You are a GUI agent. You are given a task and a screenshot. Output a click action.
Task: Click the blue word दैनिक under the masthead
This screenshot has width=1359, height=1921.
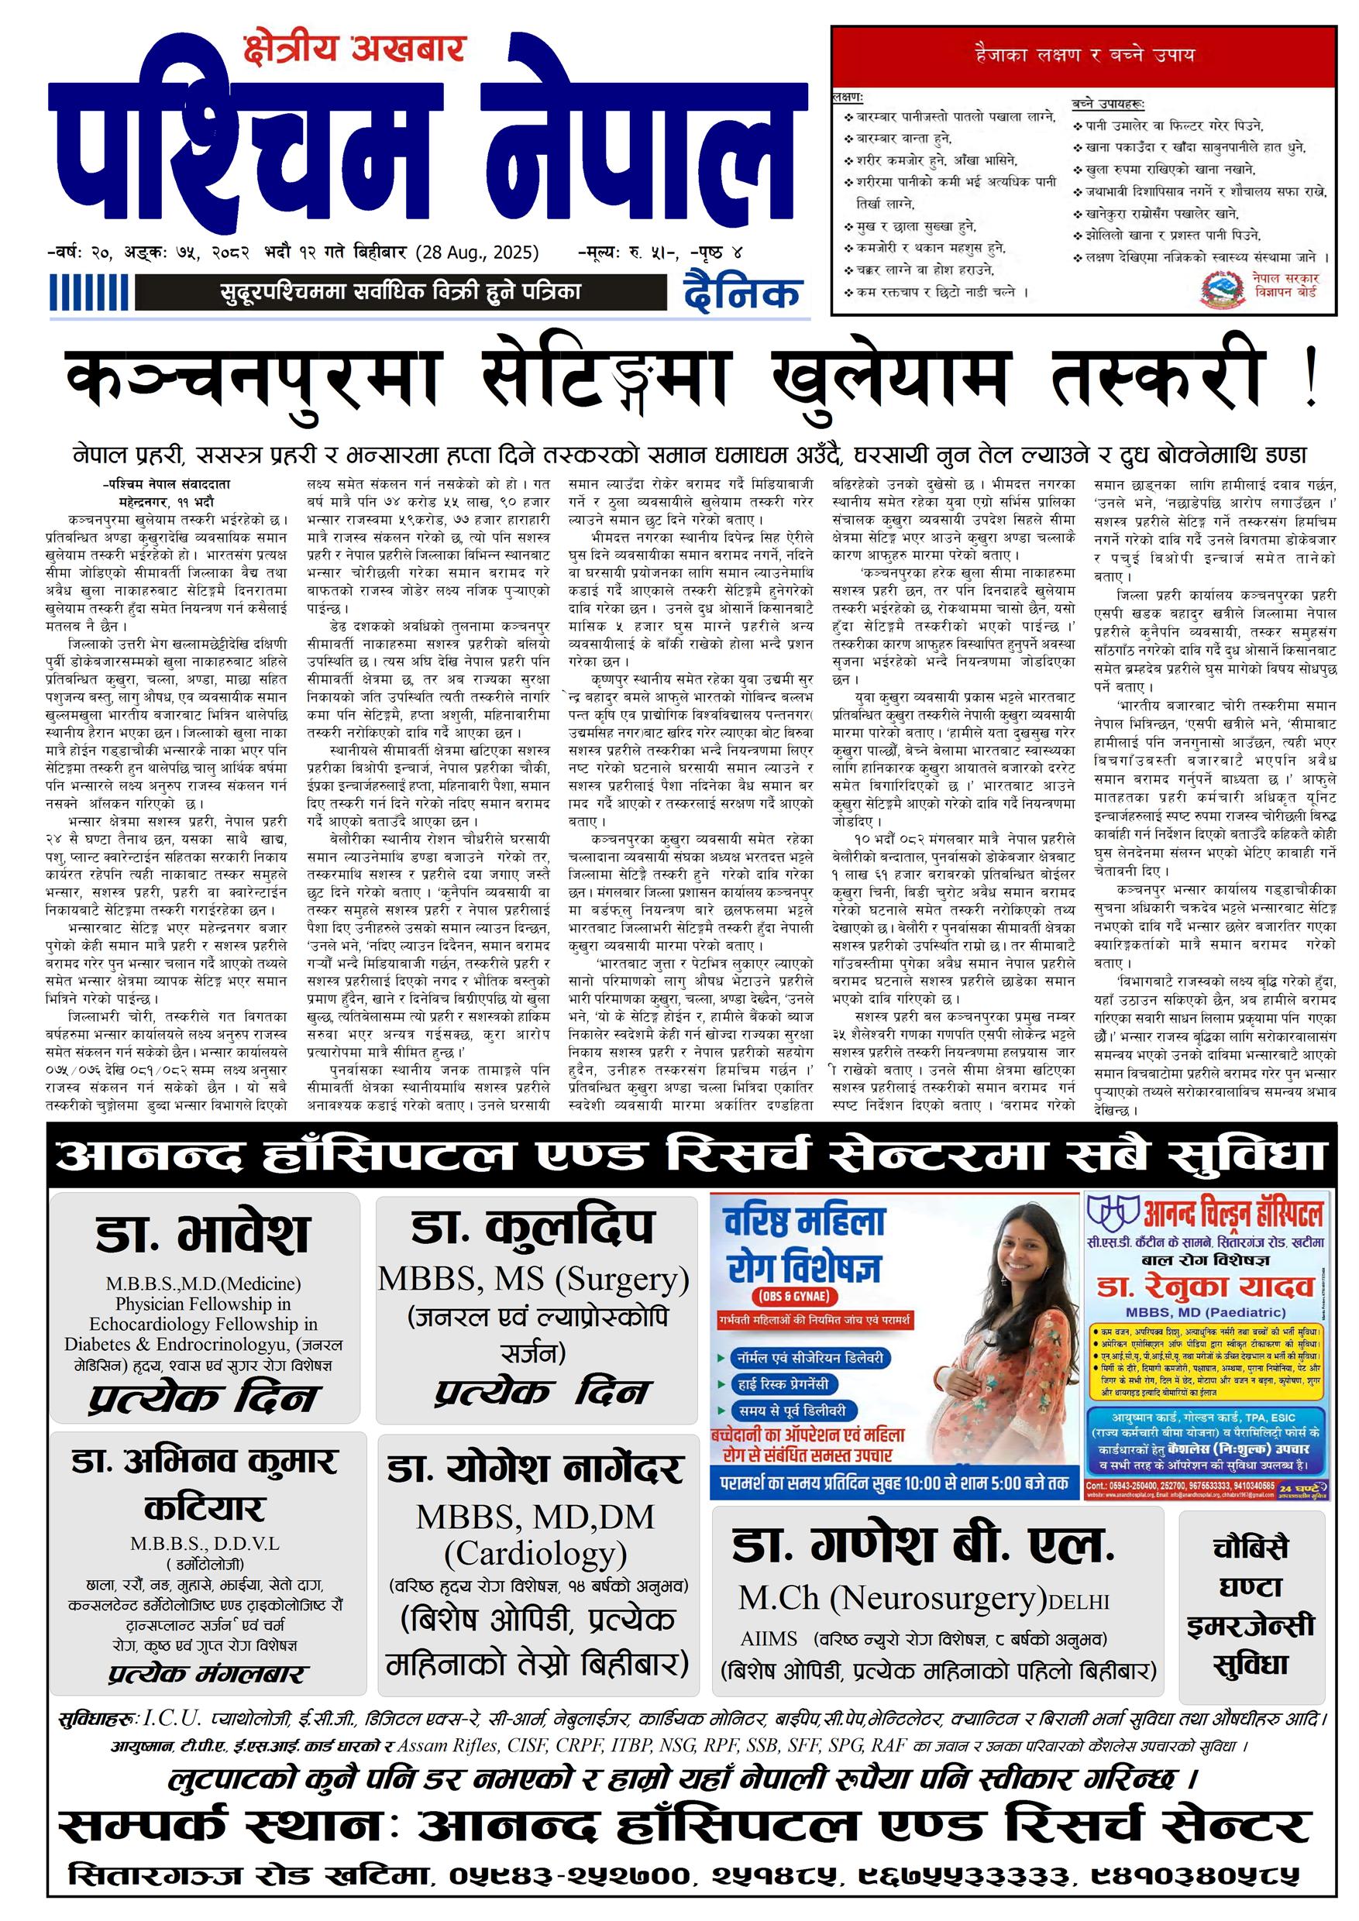tap(741, 293)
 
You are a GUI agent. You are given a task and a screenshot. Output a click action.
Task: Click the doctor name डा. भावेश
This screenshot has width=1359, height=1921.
tap(202, 1235)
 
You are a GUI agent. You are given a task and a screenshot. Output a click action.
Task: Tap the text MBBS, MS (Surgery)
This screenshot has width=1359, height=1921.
tap(533, 1280)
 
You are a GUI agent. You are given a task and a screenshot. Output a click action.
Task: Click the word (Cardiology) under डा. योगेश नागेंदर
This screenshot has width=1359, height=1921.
tap(535, 1553)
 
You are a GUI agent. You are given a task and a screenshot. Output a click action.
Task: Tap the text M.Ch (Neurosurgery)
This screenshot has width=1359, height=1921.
tap(892, 1598)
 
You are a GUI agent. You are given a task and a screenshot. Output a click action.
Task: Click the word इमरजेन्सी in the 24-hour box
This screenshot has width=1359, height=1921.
tap(1251, 1626)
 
